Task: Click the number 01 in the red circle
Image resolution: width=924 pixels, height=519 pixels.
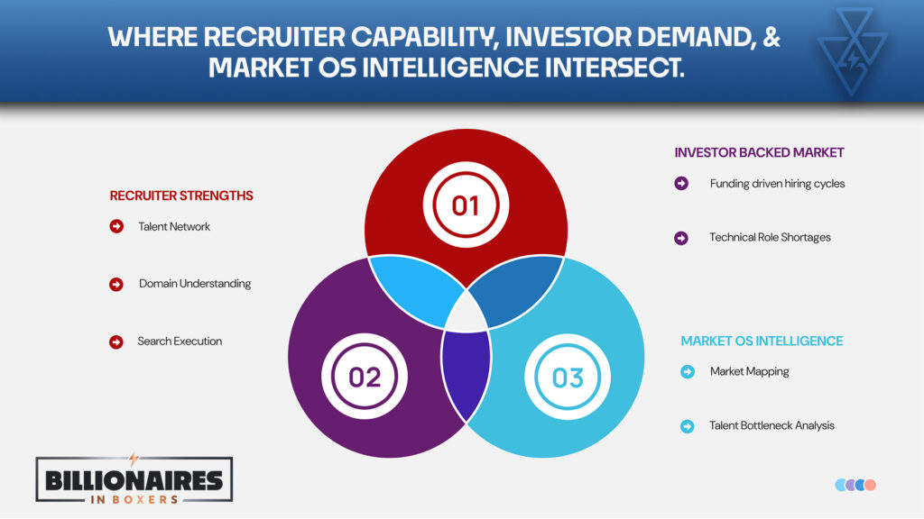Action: click(x=466, y=205)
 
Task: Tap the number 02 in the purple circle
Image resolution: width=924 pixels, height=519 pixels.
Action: click(x=365, y=376)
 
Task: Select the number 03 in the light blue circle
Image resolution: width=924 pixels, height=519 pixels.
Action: click(x=568, y=376)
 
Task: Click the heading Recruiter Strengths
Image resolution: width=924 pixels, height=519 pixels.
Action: click(x=181, y=196)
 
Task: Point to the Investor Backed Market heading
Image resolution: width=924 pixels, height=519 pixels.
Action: click(x=759, y=152)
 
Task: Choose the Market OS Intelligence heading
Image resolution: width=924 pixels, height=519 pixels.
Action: click(x=762, y=341)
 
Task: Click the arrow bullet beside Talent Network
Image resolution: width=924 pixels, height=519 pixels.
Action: click(x=116, y=226)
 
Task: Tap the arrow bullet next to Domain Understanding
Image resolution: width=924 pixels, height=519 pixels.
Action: click(x=116, y=284)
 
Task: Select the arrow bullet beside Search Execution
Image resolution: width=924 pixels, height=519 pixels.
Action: click(x=116, y=341)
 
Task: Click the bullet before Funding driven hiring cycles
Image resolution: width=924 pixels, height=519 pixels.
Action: click(x=681, y=184)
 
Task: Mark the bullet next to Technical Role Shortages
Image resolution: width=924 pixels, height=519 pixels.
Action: click(x=681, y=238)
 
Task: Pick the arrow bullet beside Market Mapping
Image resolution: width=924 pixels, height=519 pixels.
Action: click(x=688, y=371)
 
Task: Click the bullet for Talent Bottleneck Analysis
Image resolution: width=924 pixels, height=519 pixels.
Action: click(x=688, y=425)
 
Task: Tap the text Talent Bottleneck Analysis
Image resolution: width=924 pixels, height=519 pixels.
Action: click(x=772, y=425)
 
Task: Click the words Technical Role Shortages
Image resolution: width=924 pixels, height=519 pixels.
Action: click(x=770, y=238)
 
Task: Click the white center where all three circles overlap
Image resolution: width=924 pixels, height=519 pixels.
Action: click(x=466, y=311)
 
